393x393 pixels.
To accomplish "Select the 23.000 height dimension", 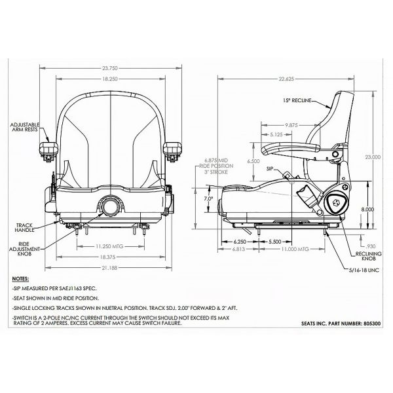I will coord(373,157).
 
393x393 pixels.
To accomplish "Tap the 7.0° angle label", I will coord(209,197).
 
